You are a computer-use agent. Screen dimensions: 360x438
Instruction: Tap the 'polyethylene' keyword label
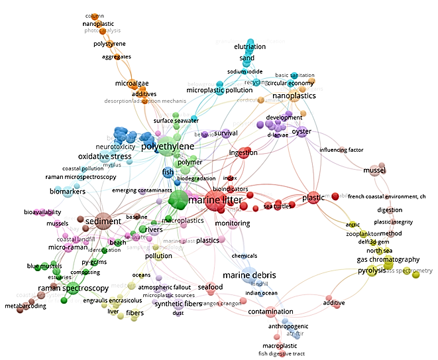click(x=168, y=146)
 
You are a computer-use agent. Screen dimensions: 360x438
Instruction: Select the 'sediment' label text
click(x=103, y=221)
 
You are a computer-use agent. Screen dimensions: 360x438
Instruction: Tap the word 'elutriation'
click(x=250, y=47)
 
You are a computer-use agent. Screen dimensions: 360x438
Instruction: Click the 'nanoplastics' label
click(x=294, y=96)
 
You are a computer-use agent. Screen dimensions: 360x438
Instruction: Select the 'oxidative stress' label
click(x=105, y=156)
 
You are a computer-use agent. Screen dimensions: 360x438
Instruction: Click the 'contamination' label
click(x=270, y=312)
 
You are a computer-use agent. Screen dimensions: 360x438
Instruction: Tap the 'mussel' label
click(x=374, y=170)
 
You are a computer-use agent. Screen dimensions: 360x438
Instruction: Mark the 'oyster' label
click(x=301, y=131)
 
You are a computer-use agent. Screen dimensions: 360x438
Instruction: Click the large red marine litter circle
click(x=213, y=200)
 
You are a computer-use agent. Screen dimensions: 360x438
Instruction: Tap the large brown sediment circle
click(x=103, y=221)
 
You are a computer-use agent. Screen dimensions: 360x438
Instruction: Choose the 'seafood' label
click(x=210, y=287)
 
